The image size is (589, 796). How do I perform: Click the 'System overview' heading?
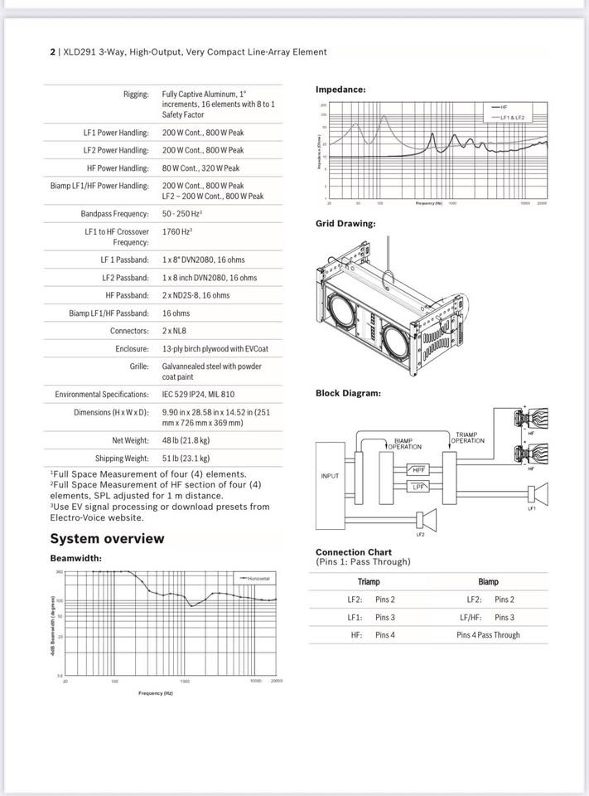(107, 538)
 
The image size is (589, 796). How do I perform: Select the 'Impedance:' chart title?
(340, 89)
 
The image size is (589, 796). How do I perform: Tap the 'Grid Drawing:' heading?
(345, 223)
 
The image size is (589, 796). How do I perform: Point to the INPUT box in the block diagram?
(331, 476)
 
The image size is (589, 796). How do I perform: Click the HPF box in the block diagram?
(420, 470)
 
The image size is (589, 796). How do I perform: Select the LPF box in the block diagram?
(420, 487)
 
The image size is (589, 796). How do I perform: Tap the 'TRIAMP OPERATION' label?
(469, 437)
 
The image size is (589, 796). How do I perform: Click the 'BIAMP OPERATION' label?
(404, 444)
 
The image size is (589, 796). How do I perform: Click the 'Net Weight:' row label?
(130, 440)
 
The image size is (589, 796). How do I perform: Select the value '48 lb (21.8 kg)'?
(186, 440)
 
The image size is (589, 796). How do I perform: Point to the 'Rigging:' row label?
(136, 95)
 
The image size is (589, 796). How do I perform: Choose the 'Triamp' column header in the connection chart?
(369, 581)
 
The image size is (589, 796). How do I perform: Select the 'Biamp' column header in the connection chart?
(488, 581)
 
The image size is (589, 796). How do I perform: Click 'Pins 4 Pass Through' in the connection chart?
(488, 635)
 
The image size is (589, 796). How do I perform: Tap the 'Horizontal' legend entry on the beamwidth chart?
(258, 578)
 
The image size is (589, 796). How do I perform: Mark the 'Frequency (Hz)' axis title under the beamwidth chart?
(156, 692)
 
